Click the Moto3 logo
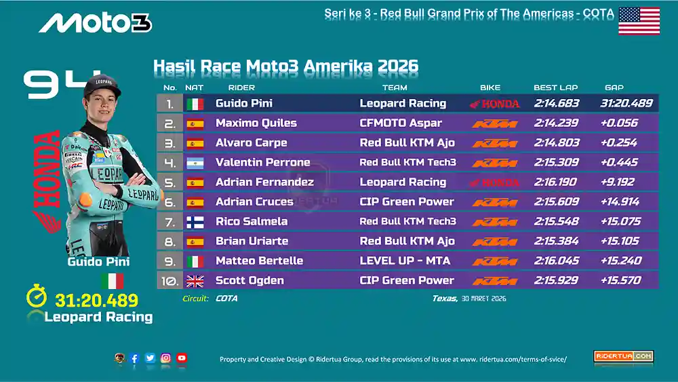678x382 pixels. [x=95, y=22]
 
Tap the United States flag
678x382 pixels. [x=639, y=21]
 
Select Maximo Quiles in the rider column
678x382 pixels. [x=256, y=123]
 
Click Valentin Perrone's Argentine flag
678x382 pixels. [x=195, y=163]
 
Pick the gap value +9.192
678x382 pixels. [x=618, y=182]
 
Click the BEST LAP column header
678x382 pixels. [x=555, y=88]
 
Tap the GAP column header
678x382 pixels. [x=614, y=88]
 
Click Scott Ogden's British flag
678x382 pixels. [x=195, y=281]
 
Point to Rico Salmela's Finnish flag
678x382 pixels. [x=195, y=222]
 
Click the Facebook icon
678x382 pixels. [x=134, y=358]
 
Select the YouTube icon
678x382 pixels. [x=182, y=358]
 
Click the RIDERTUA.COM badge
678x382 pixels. [x=623, y=356]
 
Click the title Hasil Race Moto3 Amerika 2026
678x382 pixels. [x=285, y=66]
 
